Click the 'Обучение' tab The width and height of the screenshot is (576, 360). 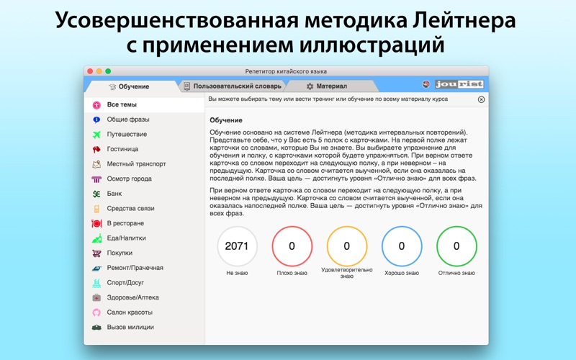(130, 86)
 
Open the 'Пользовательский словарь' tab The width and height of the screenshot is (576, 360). (233, 86)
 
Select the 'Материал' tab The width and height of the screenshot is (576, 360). (327, 86)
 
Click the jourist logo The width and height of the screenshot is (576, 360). (459, 84)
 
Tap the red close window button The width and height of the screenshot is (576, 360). (90, 71)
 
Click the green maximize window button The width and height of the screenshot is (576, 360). (108, 71)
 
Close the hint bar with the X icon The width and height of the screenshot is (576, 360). (481, 99)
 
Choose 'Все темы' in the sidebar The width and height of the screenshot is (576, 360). (122, 104)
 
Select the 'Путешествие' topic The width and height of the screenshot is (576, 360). (127, 135)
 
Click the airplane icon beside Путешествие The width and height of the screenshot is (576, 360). (96, 135)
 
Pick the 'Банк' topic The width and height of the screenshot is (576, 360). (114, 194)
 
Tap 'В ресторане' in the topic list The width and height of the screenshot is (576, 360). (125, 223)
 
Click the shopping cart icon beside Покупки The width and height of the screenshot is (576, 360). (96, 253)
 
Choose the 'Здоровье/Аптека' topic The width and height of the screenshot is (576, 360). (132, 297)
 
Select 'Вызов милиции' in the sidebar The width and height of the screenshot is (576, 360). (130, 328)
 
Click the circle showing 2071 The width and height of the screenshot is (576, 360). (237, 246)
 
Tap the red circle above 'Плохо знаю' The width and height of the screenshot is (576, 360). (292, 227)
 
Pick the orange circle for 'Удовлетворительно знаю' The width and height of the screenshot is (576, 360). (347, 227)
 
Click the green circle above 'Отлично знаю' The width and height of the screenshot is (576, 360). (456, 227)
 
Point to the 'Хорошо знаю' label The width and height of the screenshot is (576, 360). (402, 273)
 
